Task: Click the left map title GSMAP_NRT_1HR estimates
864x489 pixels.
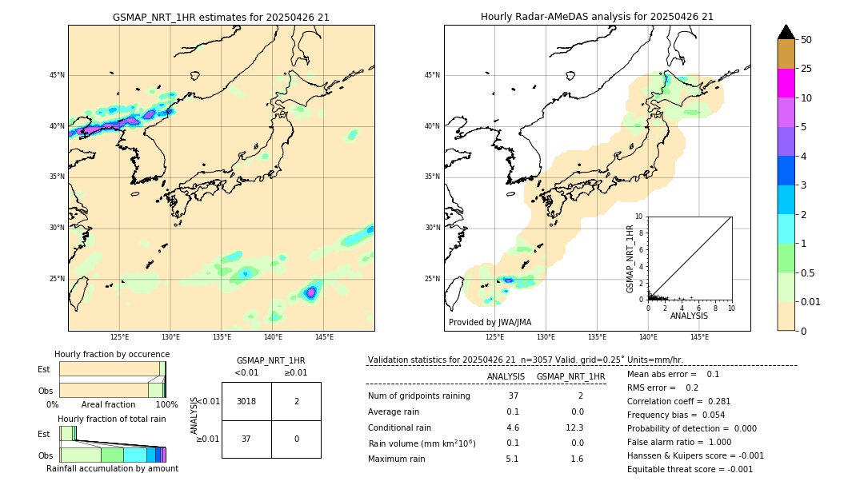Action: click(x=221, y=17)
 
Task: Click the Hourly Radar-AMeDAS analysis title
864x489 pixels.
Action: click(x=597, y=17)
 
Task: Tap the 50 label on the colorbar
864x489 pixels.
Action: click(x=806, y=40)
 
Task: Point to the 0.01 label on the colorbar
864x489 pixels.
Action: click(x=810, y=301)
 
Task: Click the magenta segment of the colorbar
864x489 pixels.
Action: click(x=786, y=83)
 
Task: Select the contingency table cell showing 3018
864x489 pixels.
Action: click(x=246, y=401)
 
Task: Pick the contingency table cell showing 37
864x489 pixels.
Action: click(x=246, y=439)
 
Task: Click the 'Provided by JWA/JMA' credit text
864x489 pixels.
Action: click(x=490, y=322)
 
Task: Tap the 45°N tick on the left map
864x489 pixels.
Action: click(x=57, y=75)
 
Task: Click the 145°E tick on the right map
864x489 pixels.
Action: click(x=699, y=337)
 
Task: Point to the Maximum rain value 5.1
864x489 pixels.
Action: click(x=513, y=459)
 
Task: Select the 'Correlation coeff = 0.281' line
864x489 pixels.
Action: click(x=678, y=401)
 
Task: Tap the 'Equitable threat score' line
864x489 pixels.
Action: click(x=690, y=469)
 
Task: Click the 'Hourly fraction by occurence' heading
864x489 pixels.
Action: click(x=112, y=354)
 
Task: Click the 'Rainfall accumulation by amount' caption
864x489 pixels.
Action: click(x=112, y=468)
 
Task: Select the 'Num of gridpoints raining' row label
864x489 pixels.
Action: click(x=418, y=396)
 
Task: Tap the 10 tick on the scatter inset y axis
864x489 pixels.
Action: click(x=638, y=217)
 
